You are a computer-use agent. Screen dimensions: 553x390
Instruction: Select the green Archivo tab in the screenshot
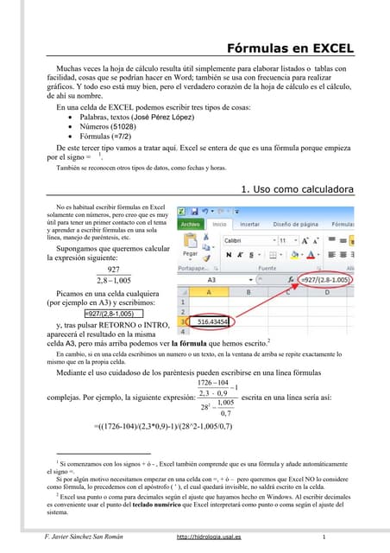(191, 224)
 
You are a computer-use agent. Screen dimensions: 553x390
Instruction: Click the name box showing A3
(212, 280)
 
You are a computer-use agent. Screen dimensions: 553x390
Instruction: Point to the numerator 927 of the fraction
(108, 270)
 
